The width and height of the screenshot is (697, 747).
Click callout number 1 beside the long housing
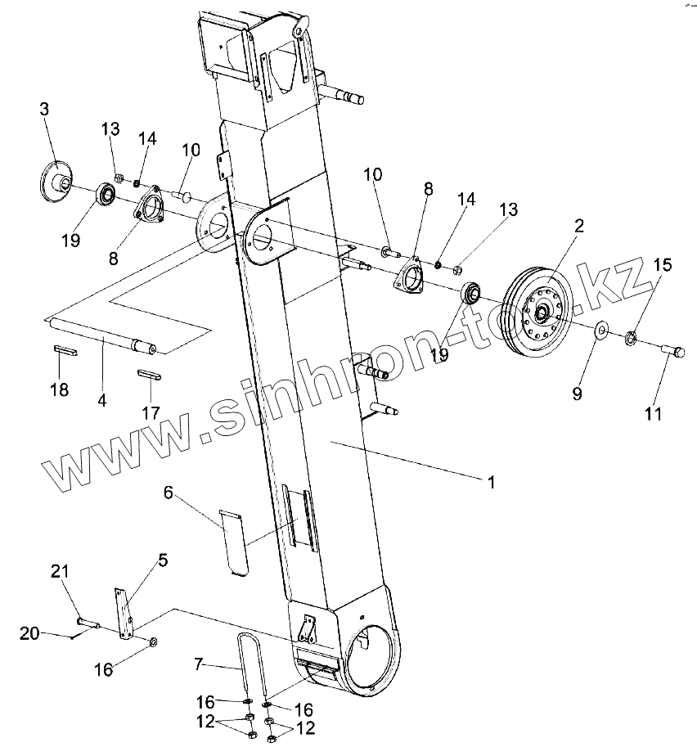(x=491, y=483)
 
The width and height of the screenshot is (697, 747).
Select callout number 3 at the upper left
(x=44, y=110)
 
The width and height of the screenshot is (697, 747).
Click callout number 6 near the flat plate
(x=169, y=492)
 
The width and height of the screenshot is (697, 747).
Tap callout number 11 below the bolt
(x=652, y=414)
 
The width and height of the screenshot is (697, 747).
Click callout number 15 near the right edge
(x=662, y=265)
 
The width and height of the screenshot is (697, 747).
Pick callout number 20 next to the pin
(x=29, y=632)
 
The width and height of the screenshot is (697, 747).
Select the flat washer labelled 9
(x=600, y=330)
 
